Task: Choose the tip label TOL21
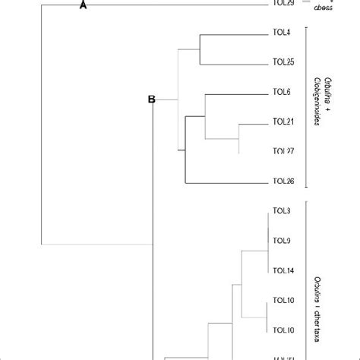click(283, 122)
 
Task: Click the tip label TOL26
click(283, 181)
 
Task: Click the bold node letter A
click(84, 6)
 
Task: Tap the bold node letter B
click(150, 99)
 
